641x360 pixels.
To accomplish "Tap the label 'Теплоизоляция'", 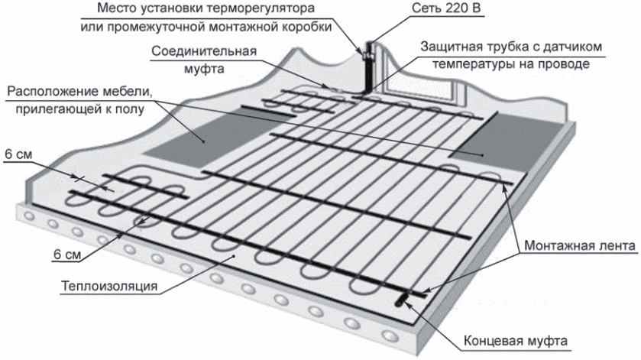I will point(108,287).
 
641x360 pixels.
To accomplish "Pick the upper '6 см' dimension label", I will point(18,154).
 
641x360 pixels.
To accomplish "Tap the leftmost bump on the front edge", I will point(31,219).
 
